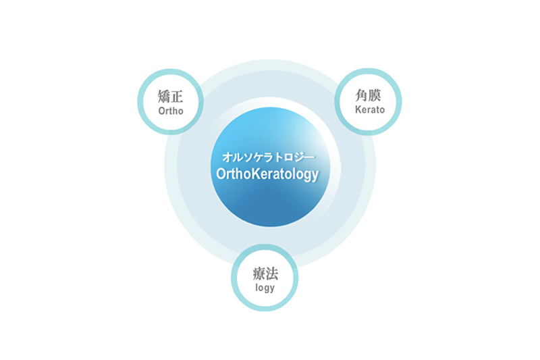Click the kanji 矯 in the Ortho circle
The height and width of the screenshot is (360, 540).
tap(164, 96)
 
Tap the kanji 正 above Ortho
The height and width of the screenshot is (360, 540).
tap(177, 96)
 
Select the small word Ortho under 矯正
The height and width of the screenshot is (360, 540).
tap(171, 111)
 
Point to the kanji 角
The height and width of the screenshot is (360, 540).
tap(362, 95)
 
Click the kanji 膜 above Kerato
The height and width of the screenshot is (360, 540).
tap(375, 95)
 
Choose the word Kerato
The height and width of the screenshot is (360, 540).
tap(370, 109)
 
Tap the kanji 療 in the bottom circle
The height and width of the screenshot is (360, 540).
tap(259, 274)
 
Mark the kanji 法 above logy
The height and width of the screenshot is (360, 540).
tap(272, 274)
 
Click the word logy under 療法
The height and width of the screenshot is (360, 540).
tap(265, 288)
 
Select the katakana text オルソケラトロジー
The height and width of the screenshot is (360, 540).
tap(268, 157)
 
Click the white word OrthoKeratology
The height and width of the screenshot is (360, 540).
tap(267, 174)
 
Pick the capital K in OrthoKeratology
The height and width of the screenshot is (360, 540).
tap(256, 174)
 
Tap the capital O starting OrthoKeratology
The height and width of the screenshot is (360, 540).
tap(221, 174)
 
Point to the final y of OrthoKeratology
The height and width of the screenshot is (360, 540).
tap(315, 176)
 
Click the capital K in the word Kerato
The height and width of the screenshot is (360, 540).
tap(358, 109)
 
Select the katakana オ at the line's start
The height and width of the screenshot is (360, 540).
tap(227, 157)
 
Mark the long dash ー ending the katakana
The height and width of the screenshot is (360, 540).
tap(309, 157)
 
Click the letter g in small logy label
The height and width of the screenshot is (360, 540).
tap(266, 289)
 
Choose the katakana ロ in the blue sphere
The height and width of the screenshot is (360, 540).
tap(289, 157)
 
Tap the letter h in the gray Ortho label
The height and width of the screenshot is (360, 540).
tap(174, 111)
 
